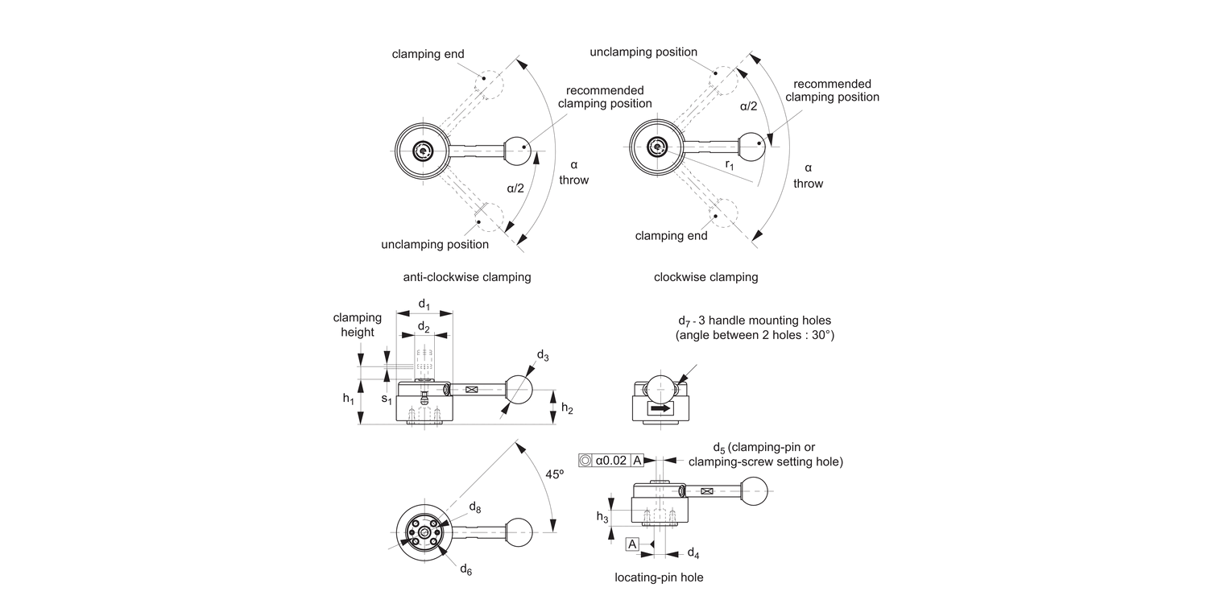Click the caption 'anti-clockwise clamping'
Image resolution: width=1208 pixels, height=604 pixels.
pos(466,277)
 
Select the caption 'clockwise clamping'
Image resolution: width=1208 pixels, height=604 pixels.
pos(705,277)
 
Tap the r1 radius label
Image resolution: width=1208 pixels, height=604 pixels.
pos(729,165)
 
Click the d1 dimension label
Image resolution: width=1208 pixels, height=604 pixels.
pos(424,304)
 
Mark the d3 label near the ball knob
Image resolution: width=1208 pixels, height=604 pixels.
pos(544,356)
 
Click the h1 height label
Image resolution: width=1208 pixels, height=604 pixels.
pos(348,399)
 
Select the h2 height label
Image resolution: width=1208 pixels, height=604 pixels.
pos(567,408)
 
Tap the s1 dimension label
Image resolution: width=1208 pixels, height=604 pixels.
pos(387,399)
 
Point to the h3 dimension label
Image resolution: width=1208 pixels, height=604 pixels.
pos(602,516)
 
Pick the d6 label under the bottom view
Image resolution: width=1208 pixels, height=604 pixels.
pos(465,569)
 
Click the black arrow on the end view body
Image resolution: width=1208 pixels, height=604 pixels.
pos(660,408)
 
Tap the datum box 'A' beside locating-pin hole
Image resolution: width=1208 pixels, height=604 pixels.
pos(633,544)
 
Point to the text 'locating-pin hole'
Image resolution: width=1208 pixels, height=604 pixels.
pos(659,577)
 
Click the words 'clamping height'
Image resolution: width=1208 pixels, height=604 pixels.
pos(357,325)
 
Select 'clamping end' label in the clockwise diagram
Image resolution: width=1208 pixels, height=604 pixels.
pos(671,236)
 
